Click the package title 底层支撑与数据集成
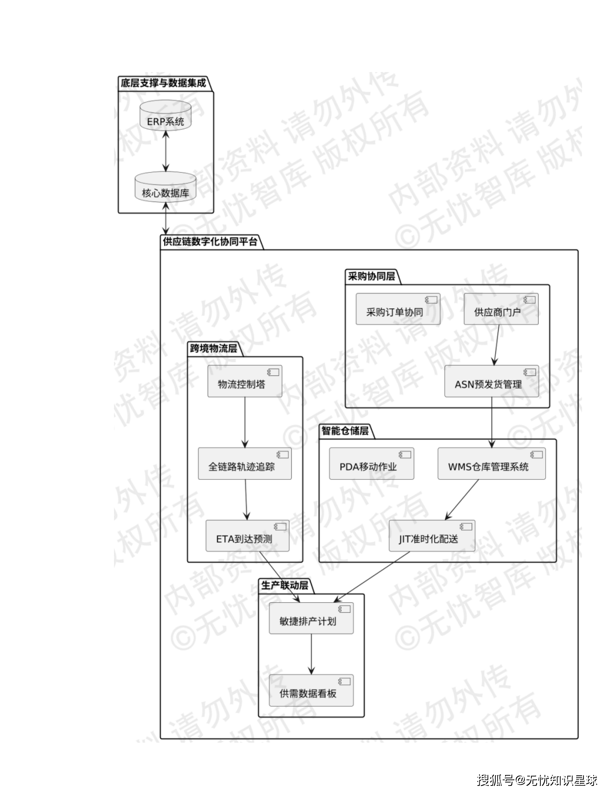point(163,83)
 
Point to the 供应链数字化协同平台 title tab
point(210,241)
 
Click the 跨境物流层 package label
point(213,348)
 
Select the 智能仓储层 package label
point(345,431)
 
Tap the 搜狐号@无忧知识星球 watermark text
point(537,780)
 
